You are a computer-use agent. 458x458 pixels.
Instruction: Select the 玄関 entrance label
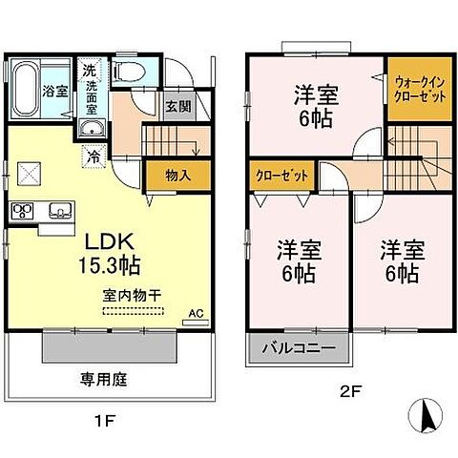click(174, 107)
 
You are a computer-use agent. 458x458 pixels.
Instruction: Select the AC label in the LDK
click(196, 313)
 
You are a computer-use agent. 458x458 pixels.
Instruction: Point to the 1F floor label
click(110, 415)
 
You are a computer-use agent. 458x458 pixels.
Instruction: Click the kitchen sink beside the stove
click(55, 210)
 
